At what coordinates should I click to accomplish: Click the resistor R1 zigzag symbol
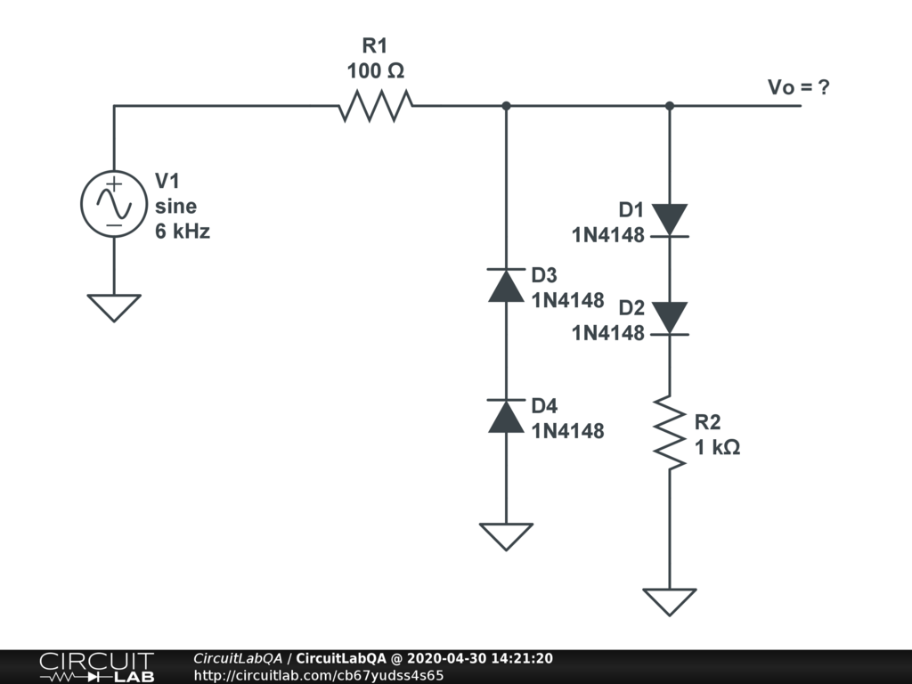click(x=375, y=107)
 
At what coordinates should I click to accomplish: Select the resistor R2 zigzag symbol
click(x=669, y=433)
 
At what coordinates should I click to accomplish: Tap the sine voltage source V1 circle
click(x=114, y=204)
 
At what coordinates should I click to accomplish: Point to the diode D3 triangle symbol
click(x=506, y=285)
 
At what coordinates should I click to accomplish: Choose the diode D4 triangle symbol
click(x=506, y=416)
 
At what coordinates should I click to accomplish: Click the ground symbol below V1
click(x=114, y=307)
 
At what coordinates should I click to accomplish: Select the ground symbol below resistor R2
click(x=669, y=601)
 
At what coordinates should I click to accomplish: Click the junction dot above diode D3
click(x=506, y=106)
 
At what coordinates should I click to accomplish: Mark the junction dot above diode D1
click(x=669, y=106)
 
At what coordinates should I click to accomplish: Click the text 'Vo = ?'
click(x=799, y=87)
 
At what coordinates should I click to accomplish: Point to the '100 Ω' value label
click(x=375, y=71)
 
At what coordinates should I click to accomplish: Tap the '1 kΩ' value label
click(x=718, y=447)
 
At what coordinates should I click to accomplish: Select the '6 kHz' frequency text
click(x=183, y=232)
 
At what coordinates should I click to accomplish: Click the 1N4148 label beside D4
click(x=567, y=431)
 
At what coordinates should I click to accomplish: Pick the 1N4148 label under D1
click(x=607, y=236)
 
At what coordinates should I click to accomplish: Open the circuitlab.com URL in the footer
click(x=319, y=675)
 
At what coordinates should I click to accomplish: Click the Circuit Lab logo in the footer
click(x=96, y=667)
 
